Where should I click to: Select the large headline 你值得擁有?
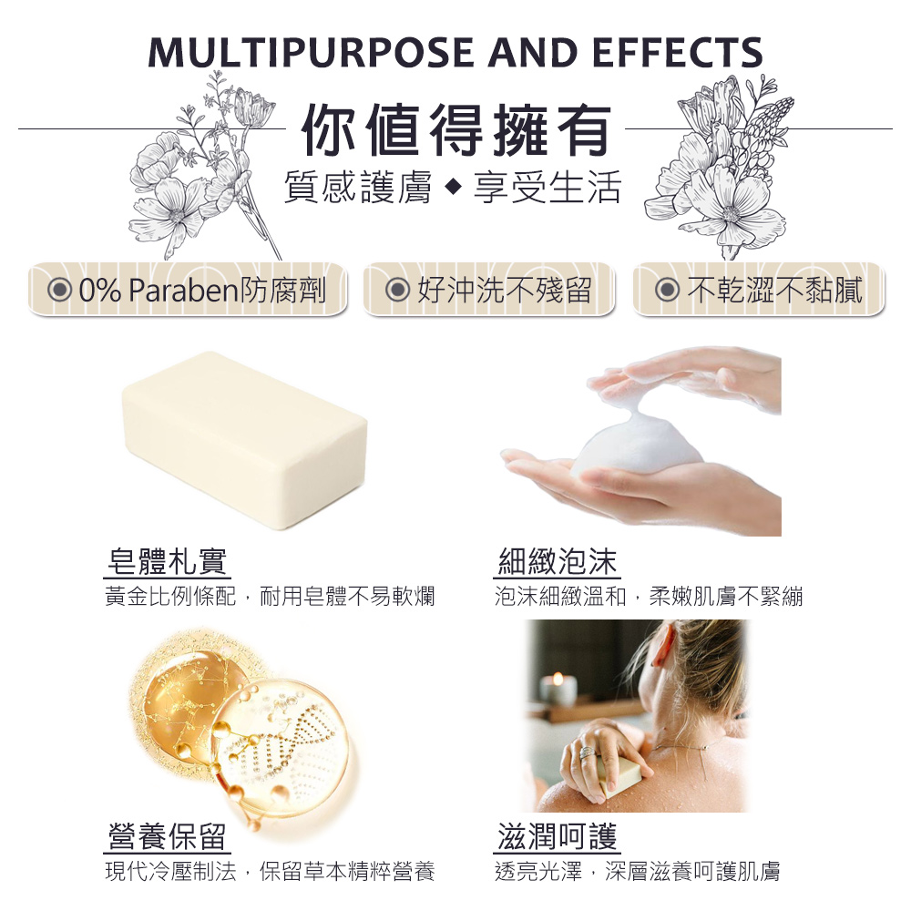tap(456, 130)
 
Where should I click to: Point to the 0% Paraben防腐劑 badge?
tap(188, 290)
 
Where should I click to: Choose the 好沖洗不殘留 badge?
tap(488, 290)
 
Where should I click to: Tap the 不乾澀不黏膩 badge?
tap(758, 290)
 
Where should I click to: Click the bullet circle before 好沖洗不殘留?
tap(397, 290)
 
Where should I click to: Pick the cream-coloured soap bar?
tap(244, 440)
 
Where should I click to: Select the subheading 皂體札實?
tap(167, 561)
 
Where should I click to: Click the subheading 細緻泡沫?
tap(558, 561)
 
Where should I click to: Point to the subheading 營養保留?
tap(167, 836)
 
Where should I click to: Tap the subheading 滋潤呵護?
tap(558, 836)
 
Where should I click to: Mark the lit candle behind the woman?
tap(558, 690)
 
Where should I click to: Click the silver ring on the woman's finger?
tap(588, 753)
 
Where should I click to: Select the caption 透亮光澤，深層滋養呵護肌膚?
tap(638, 872)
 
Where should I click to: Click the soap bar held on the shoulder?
tap(621, 775)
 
